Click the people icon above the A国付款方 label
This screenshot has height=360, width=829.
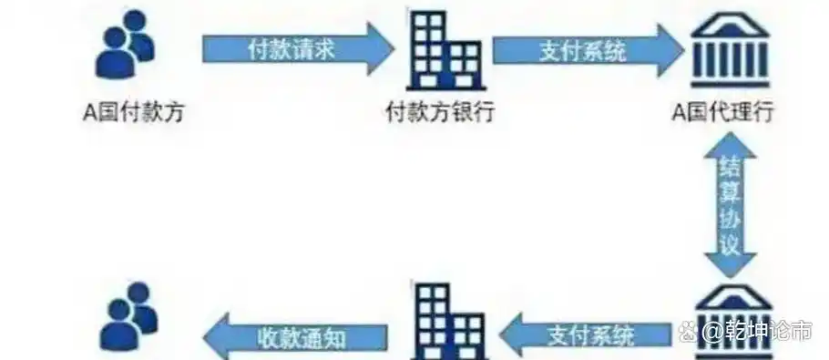(126, 43)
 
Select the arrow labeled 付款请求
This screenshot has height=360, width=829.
(292, 47)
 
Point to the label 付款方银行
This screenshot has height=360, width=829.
(440, 113)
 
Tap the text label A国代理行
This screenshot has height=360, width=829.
(723, 113)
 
